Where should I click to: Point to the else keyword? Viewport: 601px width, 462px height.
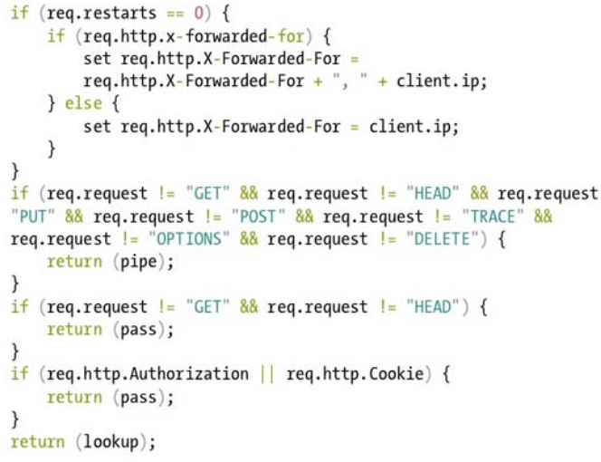click(x=82, y=104)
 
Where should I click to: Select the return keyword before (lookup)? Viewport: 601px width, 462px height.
click(x=37, y=442)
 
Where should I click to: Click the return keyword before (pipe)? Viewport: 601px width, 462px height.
click(x=74, y=263)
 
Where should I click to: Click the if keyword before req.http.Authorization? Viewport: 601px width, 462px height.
click(x=18, y=374)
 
